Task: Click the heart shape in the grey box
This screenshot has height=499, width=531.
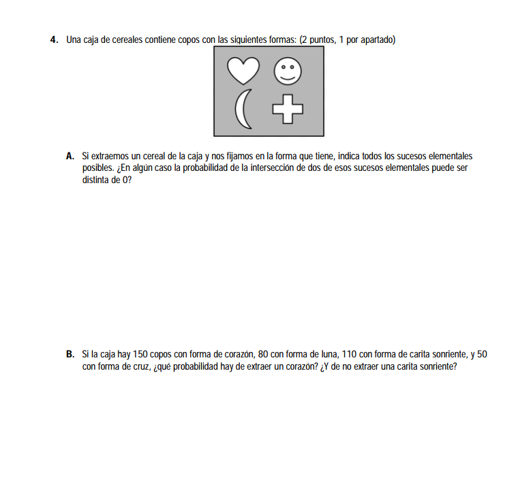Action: click(243, 69)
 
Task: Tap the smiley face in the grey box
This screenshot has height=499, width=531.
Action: click(287, 71)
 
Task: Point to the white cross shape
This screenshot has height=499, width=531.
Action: click(287, 110)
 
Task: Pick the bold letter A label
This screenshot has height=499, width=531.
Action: click(70, 156)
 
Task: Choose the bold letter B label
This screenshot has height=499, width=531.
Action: click(70, 355)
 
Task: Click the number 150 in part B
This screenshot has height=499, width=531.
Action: click(141, 355)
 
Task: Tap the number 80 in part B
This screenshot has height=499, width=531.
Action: click(265, 355)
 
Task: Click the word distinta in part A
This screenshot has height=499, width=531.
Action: click(95, 180)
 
